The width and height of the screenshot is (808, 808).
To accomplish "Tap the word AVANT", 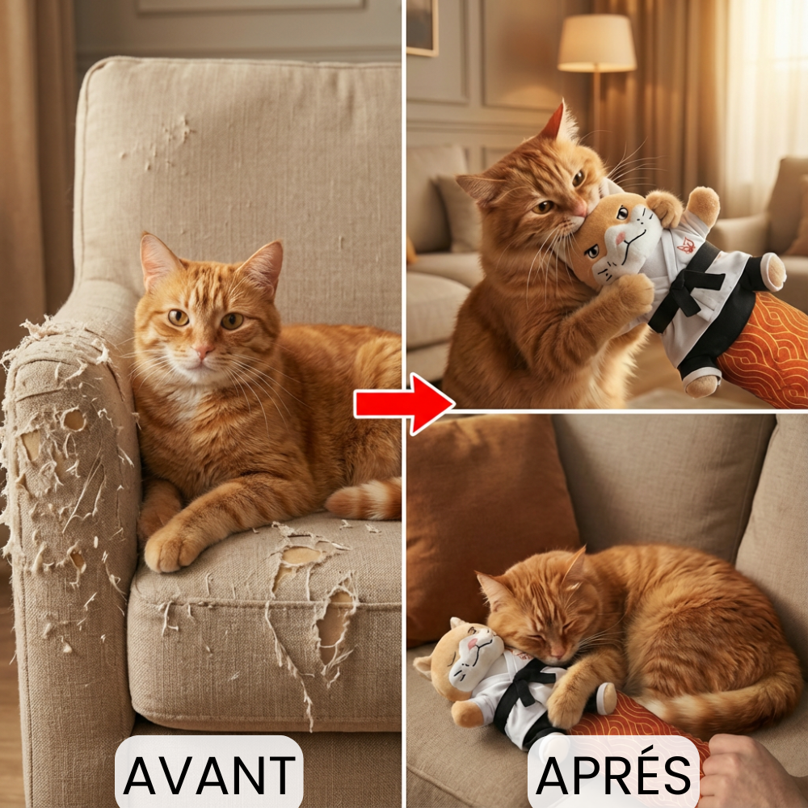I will click(208, 774).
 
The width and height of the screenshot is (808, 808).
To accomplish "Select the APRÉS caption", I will click(614, 774).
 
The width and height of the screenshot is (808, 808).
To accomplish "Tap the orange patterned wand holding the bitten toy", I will click(764, 347).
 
